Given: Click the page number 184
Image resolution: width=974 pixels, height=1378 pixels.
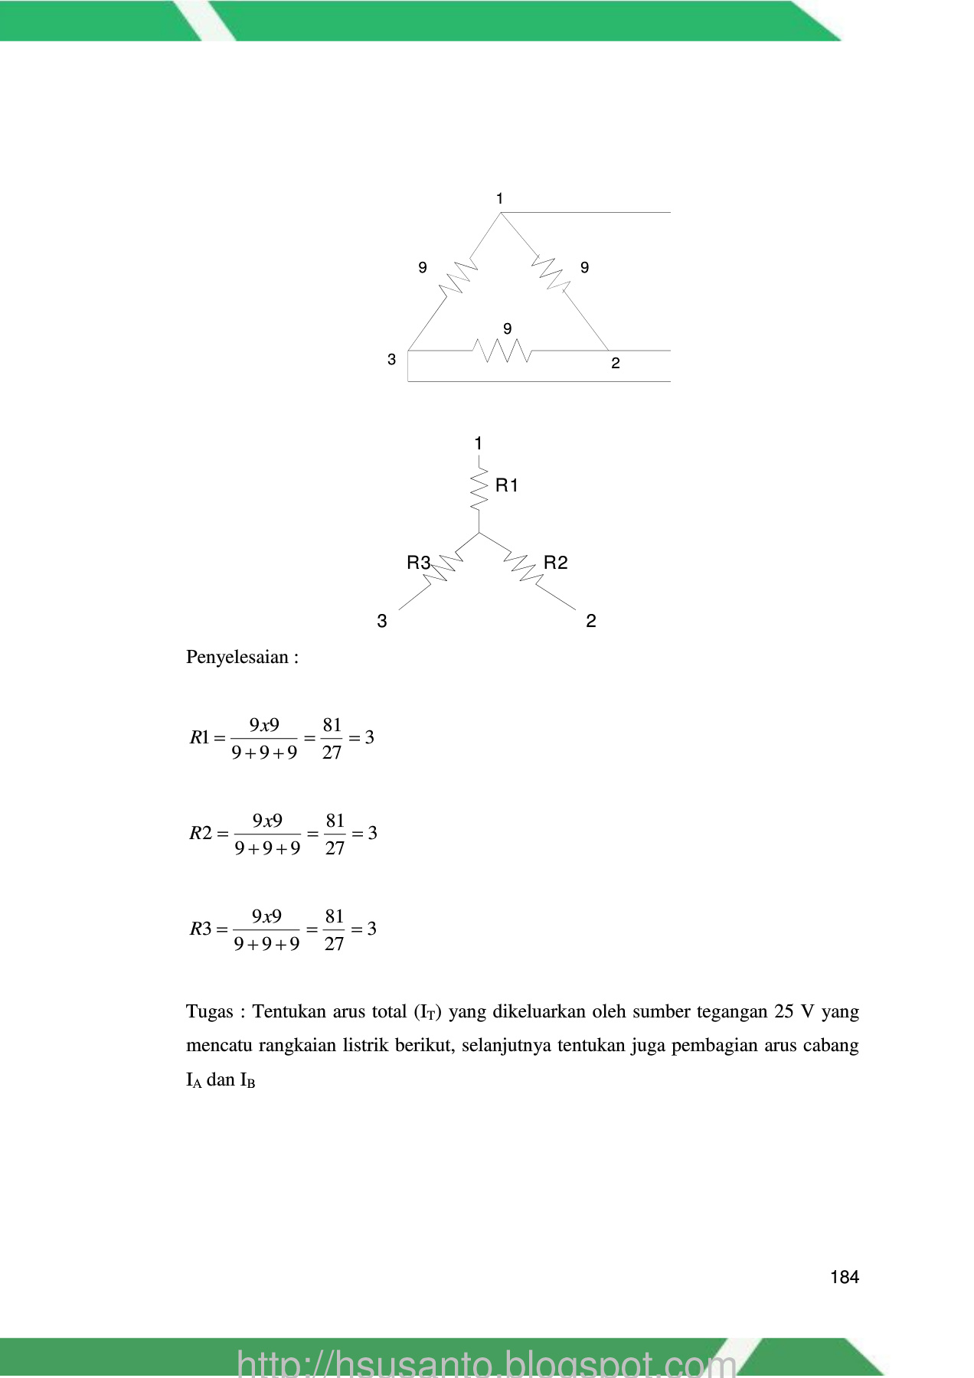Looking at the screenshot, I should coord(844,1277).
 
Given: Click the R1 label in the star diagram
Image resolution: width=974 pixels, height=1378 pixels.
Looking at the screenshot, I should coord(507,485).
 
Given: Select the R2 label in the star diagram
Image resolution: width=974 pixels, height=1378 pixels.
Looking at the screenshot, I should coord(555,563).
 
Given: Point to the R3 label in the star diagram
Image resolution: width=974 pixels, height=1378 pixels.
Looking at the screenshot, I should coord(418,563).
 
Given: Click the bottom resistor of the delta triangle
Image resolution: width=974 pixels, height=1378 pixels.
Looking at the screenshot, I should coord(502,351).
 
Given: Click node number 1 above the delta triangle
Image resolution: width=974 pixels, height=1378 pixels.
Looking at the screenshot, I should coord(499,199).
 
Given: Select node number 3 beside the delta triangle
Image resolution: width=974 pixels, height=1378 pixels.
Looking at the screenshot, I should coord(391,360).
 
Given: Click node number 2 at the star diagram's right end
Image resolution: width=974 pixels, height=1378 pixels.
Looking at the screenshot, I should coord(590,621).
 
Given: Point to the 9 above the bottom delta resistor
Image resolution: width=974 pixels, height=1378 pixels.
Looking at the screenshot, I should coord(507,328).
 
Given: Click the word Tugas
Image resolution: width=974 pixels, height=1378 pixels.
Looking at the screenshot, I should coord(209,1012).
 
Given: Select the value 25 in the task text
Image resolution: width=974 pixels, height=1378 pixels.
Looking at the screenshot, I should coord(784,1012).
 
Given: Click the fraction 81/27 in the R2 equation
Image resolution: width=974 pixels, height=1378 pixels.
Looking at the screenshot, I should coord(335,834).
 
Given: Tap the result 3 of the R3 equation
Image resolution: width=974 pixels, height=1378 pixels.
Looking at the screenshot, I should coord(371,929).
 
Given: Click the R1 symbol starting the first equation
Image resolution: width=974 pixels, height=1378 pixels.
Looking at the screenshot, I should coord(199,738).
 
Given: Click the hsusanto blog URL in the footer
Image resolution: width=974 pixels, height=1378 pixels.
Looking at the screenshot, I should coord(486,1363).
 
